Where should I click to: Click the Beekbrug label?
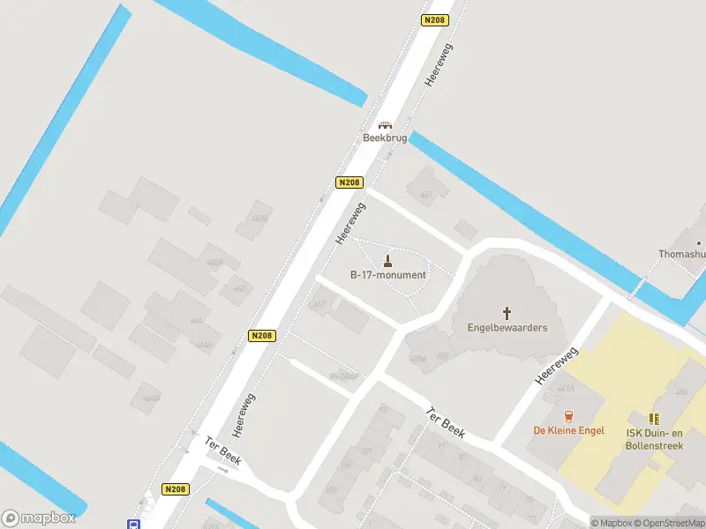pyautogui.click(x=385, y=138)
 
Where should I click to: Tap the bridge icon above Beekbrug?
pyautogui.click(x=385, y=125)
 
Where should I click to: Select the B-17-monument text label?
pyautogui.click(x=388, y=275)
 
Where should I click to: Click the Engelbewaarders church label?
pyautogui.click(x=507, y=328)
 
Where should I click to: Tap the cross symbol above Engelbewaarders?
pyautogui.click(x=507, y=312)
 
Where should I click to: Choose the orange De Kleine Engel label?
pyautogui.click(x=568, y=430)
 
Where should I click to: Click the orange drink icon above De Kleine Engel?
pyautogui.click(x=568, y=416)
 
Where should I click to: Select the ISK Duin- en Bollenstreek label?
pyautogui.click(x=655, y=440)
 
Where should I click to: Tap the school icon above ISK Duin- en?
pyautogui.click(x=654, y=419)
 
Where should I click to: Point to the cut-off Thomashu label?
pyautogui.click(x=682, y=254)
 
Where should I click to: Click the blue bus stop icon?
pyautogui.click(x=133, y=524)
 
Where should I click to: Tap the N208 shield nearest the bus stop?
pyautogui.click(x=174, y=488)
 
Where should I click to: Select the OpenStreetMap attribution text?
pyautogui.click(x=669, y=523)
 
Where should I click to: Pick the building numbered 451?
pyautogui.click(x=426, y=195)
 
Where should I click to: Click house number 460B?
pyautogui.click(x=259, y=219)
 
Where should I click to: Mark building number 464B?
pyautogui.click(x=151, y=398)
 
